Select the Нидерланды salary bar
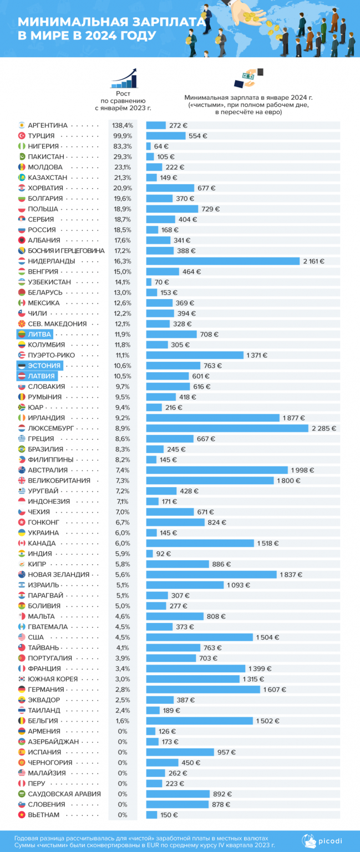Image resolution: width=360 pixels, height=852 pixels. point(222,261)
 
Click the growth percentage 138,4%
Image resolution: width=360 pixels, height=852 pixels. point(123,125)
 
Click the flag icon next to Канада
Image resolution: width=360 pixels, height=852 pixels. point(22,543)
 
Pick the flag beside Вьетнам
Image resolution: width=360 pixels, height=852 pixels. point(22,815)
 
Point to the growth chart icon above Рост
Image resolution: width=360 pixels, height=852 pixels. point(123,79)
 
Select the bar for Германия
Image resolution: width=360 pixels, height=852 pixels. point(202,689)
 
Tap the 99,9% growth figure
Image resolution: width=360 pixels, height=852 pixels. point(123,136)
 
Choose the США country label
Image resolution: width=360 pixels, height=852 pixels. point(36,637)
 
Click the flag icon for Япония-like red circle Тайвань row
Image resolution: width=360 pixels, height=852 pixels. point(22,647)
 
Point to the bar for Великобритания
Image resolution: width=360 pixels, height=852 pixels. point(210,480)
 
